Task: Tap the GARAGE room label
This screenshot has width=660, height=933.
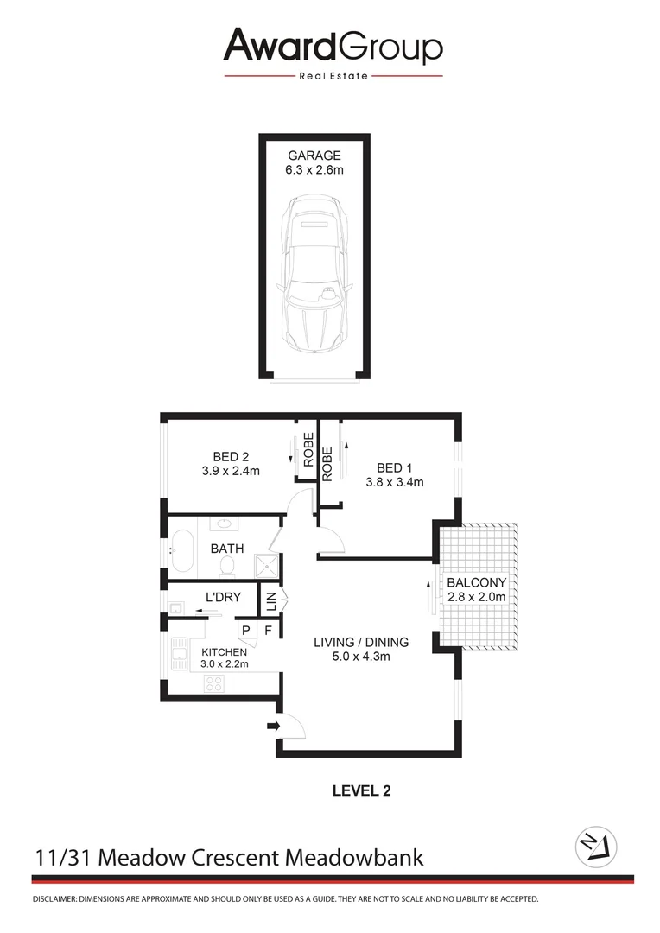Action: pyautogui.click(x=314, y=155)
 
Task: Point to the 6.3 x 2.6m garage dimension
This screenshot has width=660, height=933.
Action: pyautogui.click(x=314, y=170)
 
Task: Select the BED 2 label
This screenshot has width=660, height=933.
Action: pyautogui.click(x=231, y=456)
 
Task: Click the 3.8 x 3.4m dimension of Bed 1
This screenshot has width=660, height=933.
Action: pyautogui.click(x=394, y=483)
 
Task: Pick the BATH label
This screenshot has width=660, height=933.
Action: pyautogui.click(x=227, y=549)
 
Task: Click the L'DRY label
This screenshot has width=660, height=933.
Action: pyautogui.click(x=222, y=597)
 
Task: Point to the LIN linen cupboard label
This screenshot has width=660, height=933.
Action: pyautogui.click(x=270, y=598)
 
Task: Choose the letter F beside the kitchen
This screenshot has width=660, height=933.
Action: pyautogui.click(x=268, y=631)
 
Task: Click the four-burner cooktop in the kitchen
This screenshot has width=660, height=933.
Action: pyautogui.click(x=214, y=683)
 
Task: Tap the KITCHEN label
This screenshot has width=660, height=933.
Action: pyautogui.click(x=225, y=651)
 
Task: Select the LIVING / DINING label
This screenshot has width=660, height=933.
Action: pyautogui.click(x=361, y=642)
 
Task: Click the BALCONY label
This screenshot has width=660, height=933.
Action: pyautogui.click(x=476, y=582)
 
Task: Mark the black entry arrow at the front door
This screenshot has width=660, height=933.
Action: pyautogui.click(x=275, y=727)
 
